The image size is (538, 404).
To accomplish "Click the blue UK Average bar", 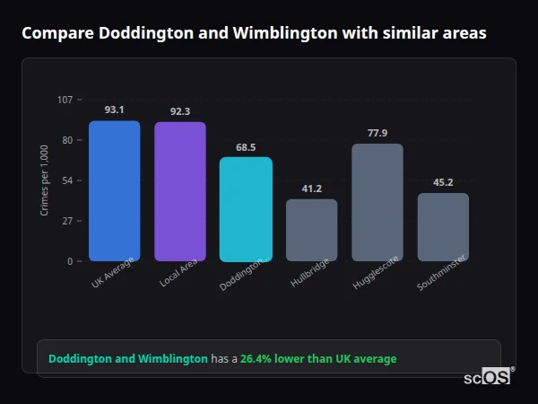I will coord(114,190).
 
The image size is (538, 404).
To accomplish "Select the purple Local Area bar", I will coord(179,191).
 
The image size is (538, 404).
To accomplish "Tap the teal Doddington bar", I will coord(246,208).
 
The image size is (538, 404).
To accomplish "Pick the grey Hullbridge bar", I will coord(311,230).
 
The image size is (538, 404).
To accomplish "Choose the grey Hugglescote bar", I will coord(377,202).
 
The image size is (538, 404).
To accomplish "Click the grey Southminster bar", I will coord(443,226).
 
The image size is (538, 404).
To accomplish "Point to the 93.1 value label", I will coord(114,110).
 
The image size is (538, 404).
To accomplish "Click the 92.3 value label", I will coord(179,111).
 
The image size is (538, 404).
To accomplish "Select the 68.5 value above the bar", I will coord(246,146).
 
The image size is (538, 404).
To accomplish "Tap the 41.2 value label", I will coord(311,189).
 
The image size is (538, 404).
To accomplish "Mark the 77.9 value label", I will coord(377,133).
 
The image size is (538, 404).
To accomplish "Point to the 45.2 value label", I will coord(443,182).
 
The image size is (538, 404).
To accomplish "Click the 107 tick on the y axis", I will coord(65,99).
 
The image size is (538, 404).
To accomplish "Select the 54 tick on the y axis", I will coord(67,180).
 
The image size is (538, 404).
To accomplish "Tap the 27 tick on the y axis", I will coord(67,220).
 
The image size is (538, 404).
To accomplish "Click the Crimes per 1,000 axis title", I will coord(45,180).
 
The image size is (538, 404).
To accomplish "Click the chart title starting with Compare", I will coord(254,33).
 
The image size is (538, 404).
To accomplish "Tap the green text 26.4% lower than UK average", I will coord(317,358).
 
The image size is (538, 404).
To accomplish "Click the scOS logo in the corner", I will coord(487,378).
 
